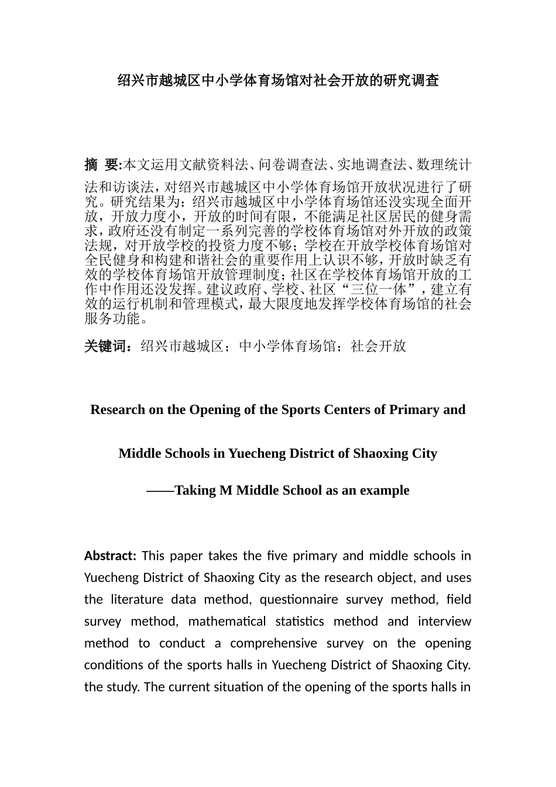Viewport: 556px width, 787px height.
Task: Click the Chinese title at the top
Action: pos(278,81)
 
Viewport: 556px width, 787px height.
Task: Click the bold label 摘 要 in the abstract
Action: pos(102,165)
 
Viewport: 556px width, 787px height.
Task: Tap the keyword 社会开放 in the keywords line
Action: pos(378,346)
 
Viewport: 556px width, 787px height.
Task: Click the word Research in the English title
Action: pos(118,410)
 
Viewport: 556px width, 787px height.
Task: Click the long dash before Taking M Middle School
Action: pos(160,491)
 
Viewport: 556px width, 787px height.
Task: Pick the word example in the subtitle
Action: pos(387,491)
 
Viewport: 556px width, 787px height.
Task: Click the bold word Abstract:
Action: pos(110,556)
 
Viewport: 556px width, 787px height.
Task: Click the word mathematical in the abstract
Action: pos(226,621)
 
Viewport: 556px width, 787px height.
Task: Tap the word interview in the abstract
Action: pos(445,621)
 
